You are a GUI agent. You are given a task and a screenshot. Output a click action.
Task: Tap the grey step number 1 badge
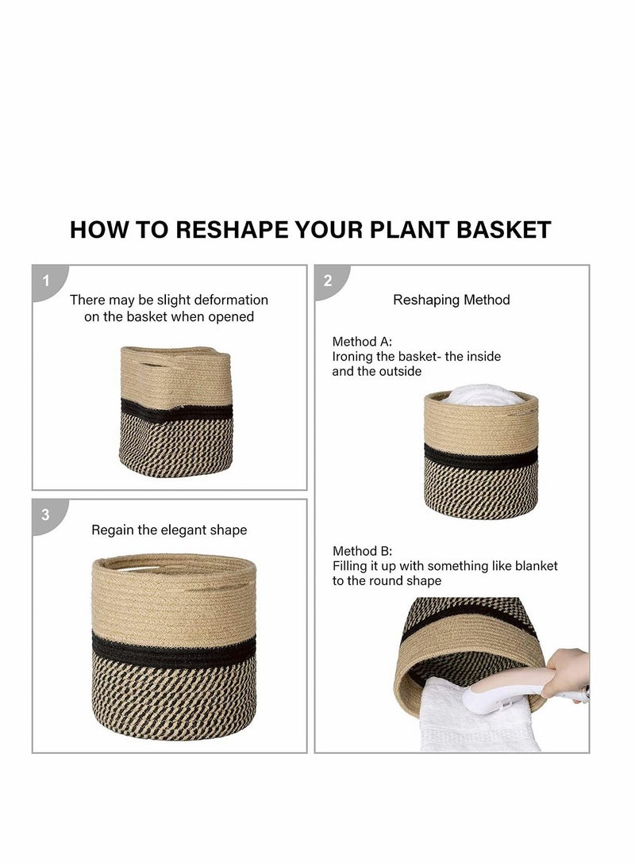[x=46, y=280]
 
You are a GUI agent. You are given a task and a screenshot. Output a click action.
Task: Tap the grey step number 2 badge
[x=328, y=280]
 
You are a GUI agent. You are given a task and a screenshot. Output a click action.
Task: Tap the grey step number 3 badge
[x=46, y=515]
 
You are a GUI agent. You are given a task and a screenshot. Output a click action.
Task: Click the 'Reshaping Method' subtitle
[x=452, y=300]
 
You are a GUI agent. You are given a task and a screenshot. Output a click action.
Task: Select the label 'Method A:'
[x=362, y=342]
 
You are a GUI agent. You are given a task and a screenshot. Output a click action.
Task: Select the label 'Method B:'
[x=362, y=551]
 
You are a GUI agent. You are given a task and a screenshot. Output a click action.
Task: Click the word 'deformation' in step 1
[x=228, y=300]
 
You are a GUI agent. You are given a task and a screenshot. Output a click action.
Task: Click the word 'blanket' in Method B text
[x=533, y=566]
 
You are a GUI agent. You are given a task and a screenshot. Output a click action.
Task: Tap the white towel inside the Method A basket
[x=480, y=395]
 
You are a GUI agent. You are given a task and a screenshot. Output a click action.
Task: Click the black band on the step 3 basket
[x=174, y=649]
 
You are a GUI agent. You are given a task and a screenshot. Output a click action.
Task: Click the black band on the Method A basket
[x=480, y=457]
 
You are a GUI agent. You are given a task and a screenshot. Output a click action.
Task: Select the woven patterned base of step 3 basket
[x=174, y=698]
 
